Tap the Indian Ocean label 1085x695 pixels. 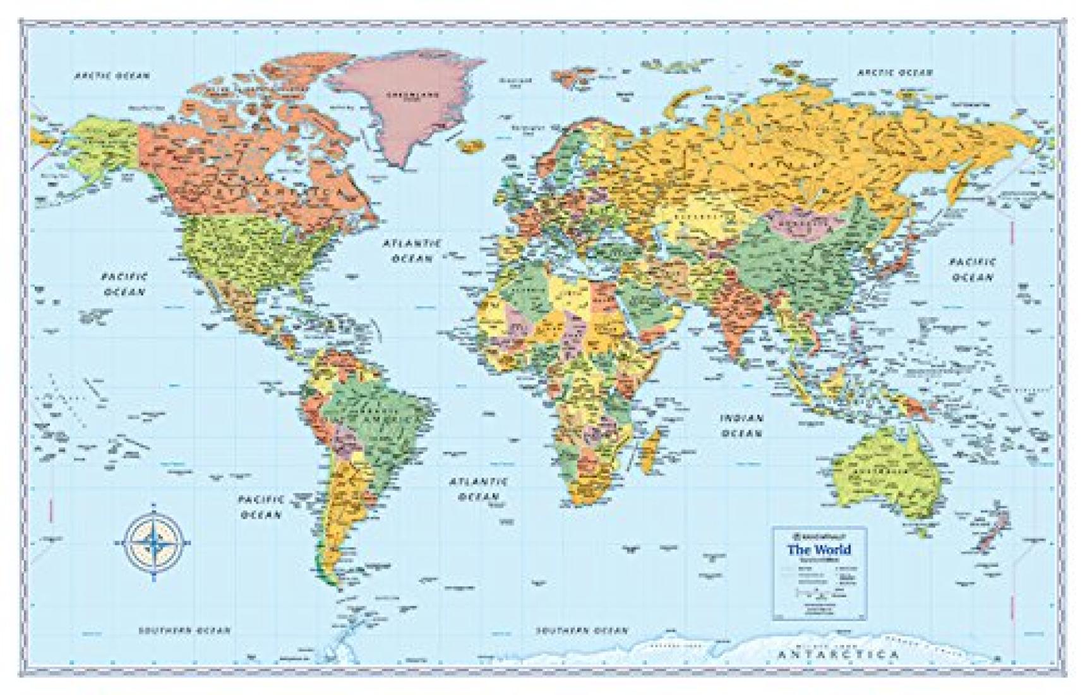(x=743, y=426)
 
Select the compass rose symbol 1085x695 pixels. (x=153, y=541)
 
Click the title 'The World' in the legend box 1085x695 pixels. (x=818, y=549)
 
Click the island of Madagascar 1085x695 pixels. (x=650, y=449)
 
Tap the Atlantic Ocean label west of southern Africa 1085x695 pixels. (x=478, y=488)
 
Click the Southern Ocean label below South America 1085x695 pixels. (x=184, y=631)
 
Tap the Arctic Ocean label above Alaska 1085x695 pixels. (x=112, y=76)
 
